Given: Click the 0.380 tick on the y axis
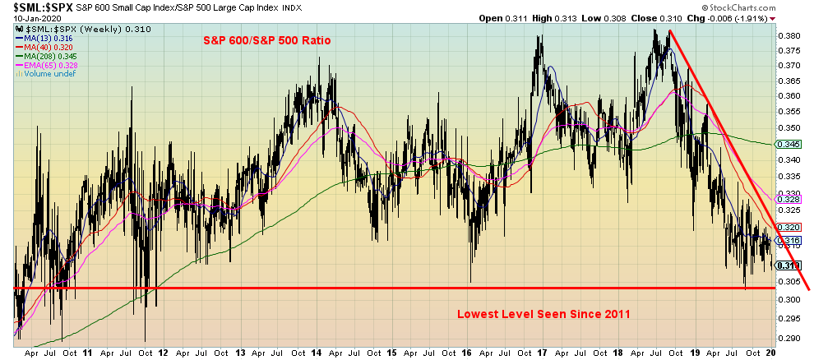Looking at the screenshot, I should [x=789, y=36].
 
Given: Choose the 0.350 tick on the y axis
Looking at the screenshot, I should [x=789, y=128].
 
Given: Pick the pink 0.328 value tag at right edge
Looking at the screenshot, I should [x=789, y=199].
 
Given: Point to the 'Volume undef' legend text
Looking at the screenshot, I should [x=43, y=73].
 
